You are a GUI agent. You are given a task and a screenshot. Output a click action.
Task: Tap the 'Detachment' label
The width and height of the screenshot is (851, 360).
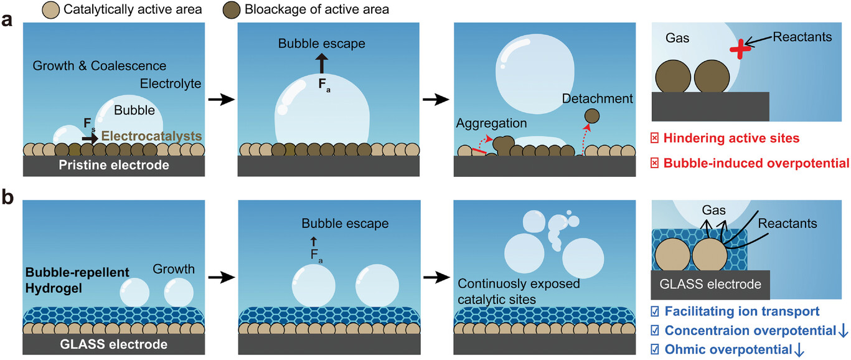click(597, 98)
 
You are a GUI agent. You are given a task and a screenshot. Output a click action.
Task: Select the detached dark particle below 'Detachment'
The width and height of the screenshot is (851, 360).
click(592, 115)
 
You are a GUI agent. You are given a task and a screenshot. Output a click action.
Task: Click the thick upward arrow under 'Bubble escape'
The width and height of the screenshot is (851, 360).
click(321, 64)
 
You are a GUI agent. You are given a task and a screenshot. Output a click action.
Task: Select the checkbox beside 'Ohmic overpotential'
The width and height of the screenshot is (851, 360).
click(655, 349)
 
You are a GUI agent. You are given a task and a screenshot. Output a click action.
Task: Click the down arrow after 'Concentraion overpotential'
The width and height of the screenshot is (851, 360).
click(843, 330)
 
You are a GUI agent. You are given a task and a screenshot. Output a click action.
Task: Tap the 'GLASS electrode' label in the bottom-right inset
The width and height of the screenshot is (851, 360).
click(710, 285)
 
